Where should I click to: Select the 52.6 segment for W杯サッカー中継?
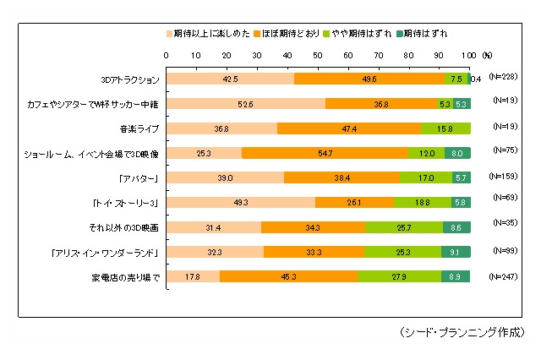tap(245, 105)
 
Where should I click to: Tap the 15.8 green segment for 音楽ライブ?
tap(445, 129)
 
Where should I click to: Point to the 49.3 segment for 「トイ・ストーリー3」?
tap(241, 203)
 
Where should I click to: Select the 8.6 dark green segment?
tap(456, 227)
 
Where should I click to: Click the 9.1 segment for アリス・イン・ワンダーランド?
tap(456, 252)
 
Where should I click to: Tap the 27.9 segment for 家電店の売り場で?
tap(399, 276)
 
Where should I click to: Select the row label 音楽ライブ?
tap(139, 129)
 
